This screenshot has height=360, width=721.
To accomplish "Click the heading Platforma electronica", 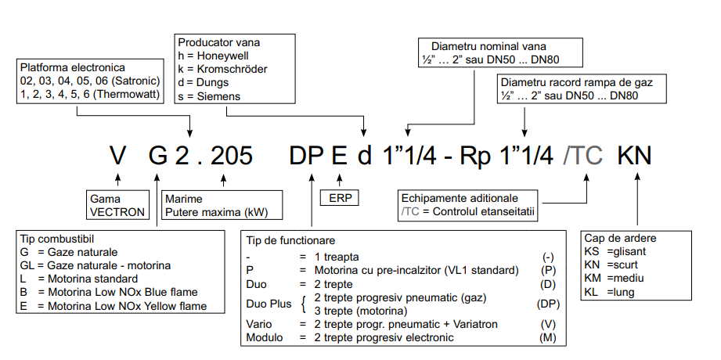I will pyautogui.click(x=73, y=67).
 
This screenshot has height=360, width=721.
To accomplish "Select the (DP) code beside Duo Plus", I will pyautogui.click(x=548, y=304).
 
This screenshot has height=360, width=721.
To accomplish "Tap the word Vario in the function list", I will pyautogui.click(x=261, y=324).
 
